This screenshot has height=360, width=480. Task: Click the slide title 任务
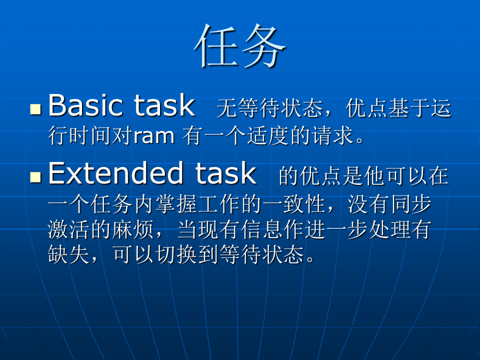(240, 46)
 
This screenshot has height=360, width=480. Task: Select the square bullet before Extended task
(36, 177)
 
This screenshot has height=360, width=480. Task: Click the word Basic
(85, 105)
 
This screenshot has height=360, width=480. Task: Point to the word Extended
(115, 173)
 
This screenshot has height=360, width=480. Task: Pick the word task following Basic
(164, 105)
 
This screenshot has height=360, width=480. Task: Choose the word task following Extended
(226, 173)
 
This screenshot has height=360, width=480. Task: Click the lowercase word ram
(154, 136)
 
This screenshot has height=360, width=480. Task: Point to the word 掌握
(176, 204)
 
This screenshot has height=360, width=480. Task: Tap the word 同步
(411, 204)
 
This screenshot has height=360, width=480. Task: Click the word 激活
(68, 229)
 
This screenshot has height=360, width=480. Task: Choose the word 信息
(261, 229)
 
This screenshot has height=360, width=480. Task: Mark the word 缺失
(68, 254)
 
